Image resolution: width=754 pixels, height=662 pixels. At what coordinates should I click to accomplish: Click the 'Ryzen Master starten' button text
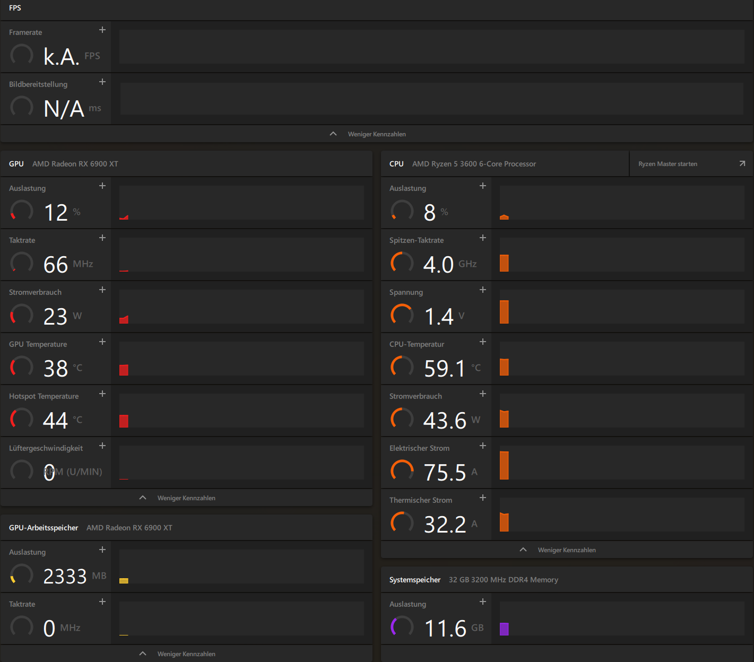pos(668,164)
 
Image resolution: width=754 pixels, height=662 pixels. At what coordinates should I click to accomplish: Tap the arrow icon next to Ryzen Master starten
pos(742,163)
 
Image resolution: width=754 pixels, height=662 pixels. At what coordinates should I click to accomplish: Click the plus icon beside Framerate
pos(102,30)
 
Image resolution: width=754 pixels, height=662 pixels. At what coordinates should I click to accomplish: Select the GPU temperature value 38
pos(56,368)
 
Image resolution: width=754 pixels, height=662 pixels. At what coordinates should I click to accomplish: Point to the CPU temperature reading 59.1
pos(444,368)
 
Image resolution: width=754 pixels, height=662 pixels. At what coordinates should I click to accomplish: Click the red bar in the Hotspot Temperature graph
pos(124,421)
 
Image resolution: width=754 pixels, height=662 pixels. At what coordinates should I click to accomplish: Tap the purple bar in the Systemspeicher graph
pos(504,629)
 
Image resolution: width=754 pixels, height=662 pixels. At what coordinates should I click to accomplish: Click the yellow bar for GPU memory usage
pos(124,581)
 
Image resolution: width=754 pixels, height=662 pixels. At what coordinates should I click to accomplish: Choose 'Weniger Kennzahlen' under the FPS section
pos(376,134)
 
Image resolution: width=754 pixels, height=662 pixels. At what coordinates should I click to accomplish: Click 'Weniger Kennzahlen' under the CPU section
pos(566,550)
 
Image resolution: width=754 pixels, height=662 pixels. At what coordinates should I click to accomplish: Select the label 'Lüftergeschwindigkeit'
pos(46,448)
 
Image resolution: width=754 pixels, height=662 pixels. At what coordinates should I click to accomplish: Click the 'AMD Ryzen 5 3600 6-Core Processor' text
pos(474,164)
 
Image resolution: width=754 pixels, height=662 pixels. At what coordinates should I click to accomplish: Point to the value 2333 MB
pos(65,576)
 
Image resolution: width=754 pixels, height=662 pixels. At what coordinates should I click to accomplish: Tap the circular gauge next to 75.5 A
pos(402,471)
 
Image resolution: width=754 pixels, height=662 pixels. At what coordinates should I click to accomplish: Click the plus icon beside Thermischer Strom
pos(483,498)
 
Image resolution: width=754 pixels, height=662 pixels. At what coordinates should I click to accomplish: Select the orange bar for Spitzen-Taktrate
pos(504,263)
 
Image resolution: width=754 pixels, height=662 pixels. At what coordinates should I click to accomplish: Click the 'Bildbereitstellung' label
pos(38,84)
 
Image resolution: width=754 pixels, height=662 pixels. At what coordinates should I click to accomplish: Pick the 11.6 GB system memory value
pos(445,628)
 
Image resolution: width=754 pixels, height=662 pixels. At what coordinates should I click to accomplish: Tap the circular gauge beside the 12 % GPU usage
pos(22,211)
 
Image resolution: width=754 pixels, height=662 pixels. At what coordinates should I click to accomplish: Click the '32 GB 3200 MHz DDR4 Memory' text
pos(503,580)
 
